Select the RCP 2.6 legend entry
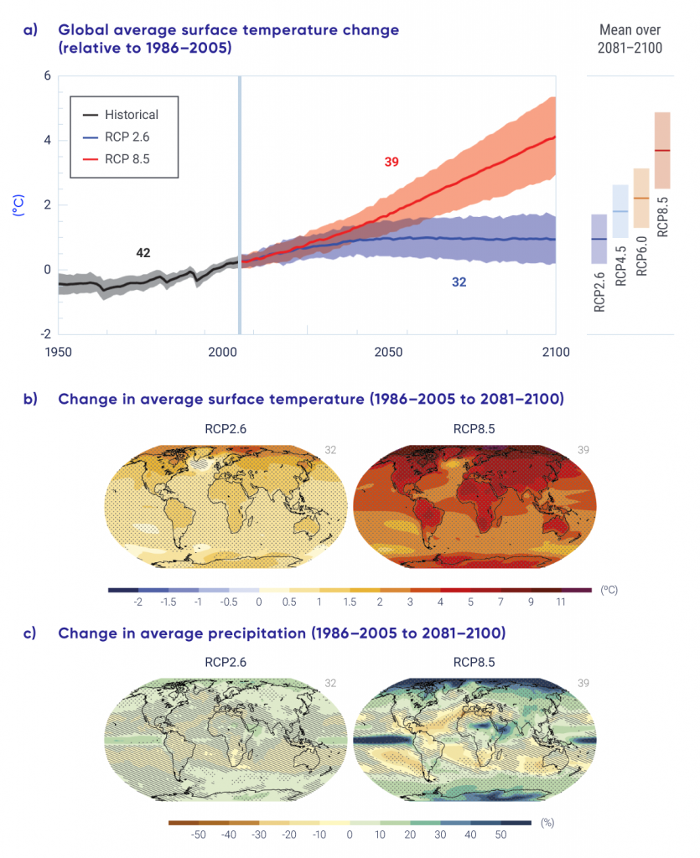point(127,136)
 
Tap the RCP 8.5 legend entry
point(127,158)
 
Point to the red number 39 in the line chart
point(391,162)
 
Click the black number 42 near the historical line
point(143,252)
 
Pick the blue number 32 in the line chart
point(459,282)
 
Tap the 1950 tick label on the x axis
point(58,353)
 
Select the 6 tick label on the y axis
point(47,76)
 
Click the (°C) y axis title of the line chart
point(17,204)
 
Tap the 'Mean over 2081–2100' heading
point(630,39)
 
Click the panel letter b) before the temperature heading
point(30,399)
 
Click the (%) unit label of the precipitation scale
point(548,823)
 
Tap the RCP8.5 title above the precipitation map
point(474,661)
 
